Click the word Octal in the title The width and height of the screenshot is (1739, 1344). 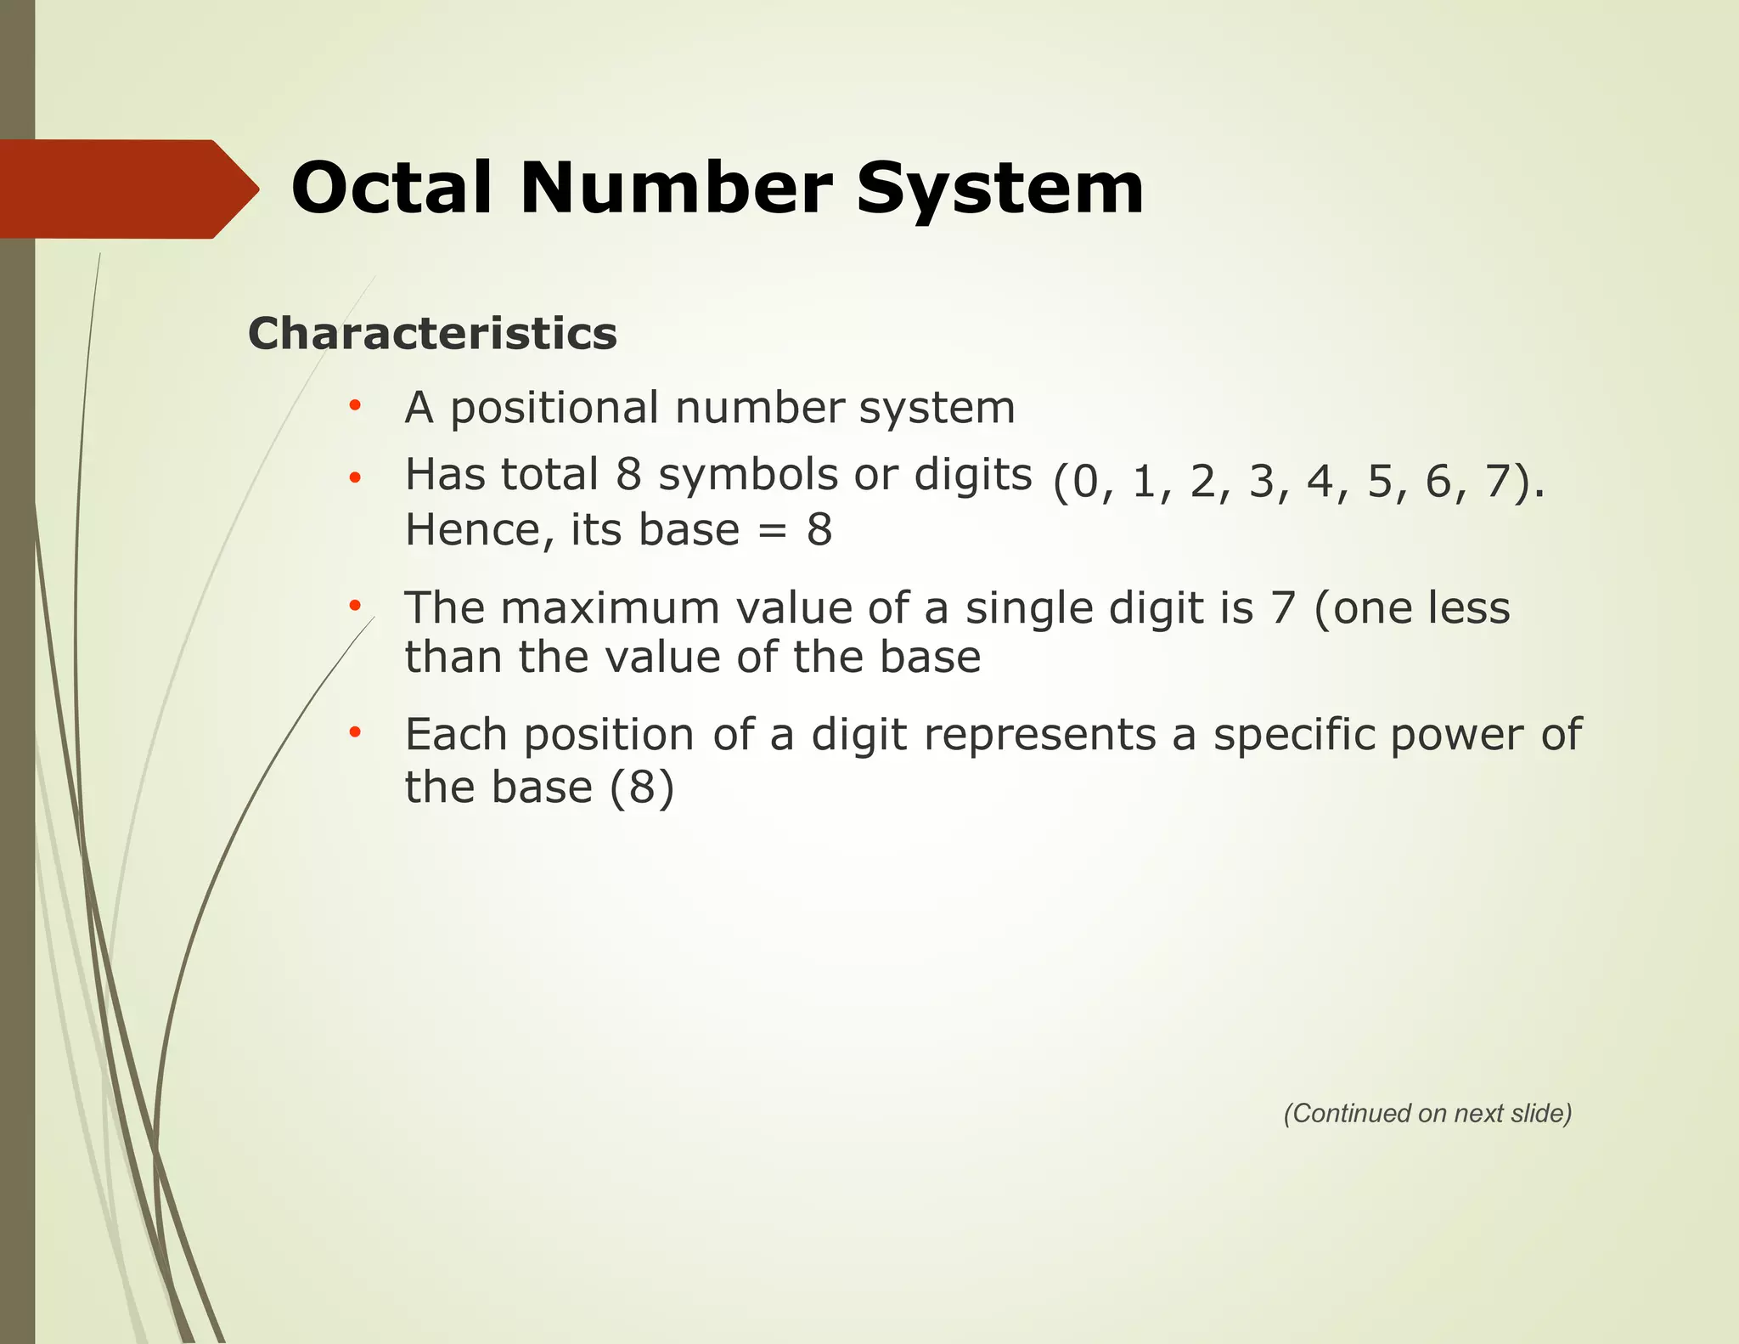coord(391,188)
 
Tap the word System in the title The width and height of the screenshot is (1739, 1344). coord(999,189)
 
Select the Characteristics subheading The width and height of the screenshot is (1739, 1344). coord(432,333)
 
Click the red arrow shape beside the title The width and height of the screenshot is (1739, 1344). coord(127,189)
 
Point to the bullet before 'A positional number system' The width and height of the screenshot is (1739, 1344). coord(355,406)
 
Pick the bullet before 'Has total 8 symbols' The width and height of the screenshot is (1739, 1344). coord(355,477)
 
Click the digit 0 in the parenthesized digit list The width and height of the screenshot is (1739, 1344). coord(1085,483)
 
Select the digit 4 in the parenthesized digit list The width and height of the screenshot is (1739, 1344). coord(1320,482)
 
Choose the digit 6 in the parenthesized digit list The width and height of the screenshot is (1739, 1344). coord(1438,482)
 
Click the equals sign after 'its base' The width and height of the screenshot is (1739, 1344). coord(773,531)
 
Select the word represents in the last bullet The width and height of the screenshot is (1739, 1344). coord(1039,734)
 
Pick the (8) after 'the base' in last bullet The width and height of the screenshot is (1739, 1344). coord(642,787)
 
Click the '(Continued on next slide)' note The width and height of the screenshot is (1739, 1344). coord(1427,1113)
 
